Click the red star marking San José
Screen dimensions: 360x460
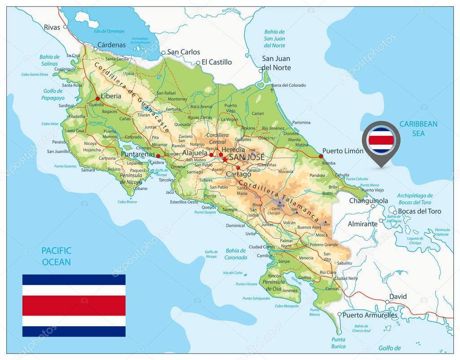click(224, 159)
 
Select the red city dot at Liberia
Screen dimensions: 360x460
click(97, 98)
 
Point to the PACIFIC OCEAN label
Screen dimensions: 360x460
click(56, 256)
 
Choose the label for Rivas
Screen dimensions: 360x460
click(52, 27)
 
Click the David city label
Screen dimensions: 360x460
click(398, 297)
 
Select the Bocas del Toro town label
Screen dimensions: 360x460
click(419, 211)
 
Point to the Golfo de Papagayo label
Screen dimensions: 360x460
click(53, 94)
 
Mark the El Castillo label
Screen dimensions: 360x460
click(217, 62)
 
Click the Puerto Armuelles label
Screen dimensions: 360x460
click(370, 316)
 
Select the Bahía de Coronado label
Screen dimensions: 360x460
click(236, 254)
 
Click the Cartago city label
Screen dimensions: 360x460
click(239, 174)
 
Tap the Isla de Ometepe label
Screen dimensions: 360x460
click(109, 31)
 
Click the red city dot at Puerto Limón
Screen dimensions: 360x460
click(321, 156)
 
